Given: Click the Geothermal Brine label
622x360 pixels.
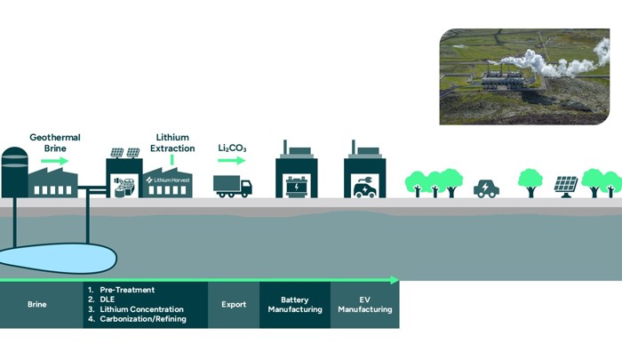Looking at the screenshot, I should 55,143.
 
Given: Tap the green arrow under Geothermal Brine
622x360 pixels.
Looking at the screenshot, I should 54,161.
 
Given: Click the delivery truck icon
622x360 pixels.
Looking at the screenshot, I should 233,186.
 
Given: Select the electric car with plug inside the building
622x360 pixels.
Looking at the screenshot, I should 364,188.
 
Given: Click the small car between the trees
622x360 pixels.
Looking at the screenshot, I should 486,188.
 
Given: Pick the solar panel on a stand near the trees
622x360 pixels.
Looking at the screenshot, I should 566,186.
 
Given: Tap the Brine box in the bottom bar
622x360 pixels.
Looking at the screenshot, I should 37,305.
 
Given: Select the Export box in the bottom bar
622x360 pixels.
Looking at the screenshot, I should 234,305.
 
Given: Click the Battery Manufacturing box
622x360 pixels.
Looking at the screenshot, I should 295,305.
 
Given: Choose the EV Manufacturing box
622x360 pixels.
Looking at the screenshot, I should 364,305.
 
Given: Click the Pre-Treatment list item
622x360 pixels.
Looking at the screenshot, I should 124,290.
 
